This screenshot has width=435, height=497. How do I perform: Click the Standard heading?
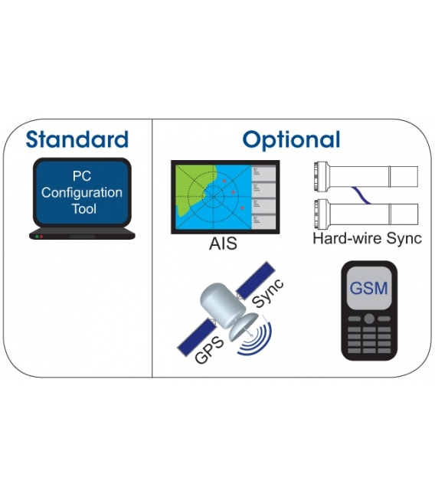[77, 139]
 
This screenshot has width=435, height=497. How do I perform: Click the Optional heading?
[291, 140]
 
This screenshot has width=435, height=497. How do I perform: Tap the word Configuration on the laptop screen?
[82, 193]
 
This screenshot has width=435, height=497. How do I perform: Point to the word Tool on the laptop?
[83, 209]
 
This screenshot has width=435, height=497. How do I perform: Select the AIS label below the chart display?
[223, 244]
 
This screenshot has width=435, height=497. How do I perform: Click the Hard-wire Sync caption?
[367, 239]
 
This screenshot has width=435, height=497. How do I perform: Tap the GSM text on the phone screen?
[368, 289]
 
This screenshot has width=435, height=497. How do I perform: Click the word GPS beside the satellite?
[209, 351]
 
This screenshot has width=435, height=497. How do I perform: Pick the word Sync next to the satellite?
[268, 293]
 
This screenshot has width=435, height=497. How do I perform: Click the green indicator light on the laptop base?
[37, 237]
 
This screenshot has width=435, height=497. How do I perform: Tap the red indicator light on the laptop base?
[41, 237]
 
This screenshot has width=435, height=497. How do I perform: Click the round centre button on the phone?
[368, 319]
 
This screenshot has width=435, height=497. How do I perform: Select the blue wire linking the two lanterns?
[361, 195]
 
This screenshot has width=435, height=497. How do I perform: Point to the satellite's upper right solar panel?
[256, 280]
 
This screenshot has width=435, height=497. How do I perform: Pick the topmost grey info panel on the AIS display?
[263, 173]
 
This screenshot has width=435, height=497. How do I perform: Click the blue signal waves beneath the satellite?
[257, 341]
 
